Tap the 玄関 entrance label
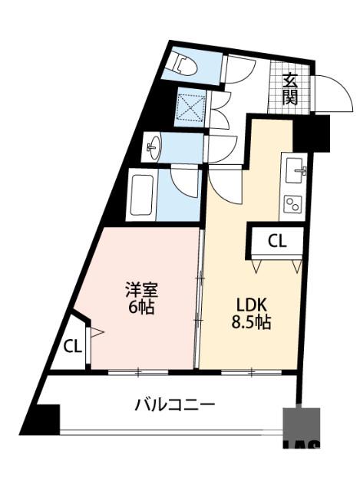tap(290, 87)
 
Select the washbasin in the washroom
tap(154, 146)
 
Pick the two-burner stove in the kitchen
tap(292, 203)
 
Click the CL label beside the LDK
tap(276, 241)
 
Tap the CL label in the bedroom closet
tap(72, 346)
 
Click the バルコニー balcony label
tap(175, 404)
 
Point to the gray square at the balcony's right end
tap(301, 427)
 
